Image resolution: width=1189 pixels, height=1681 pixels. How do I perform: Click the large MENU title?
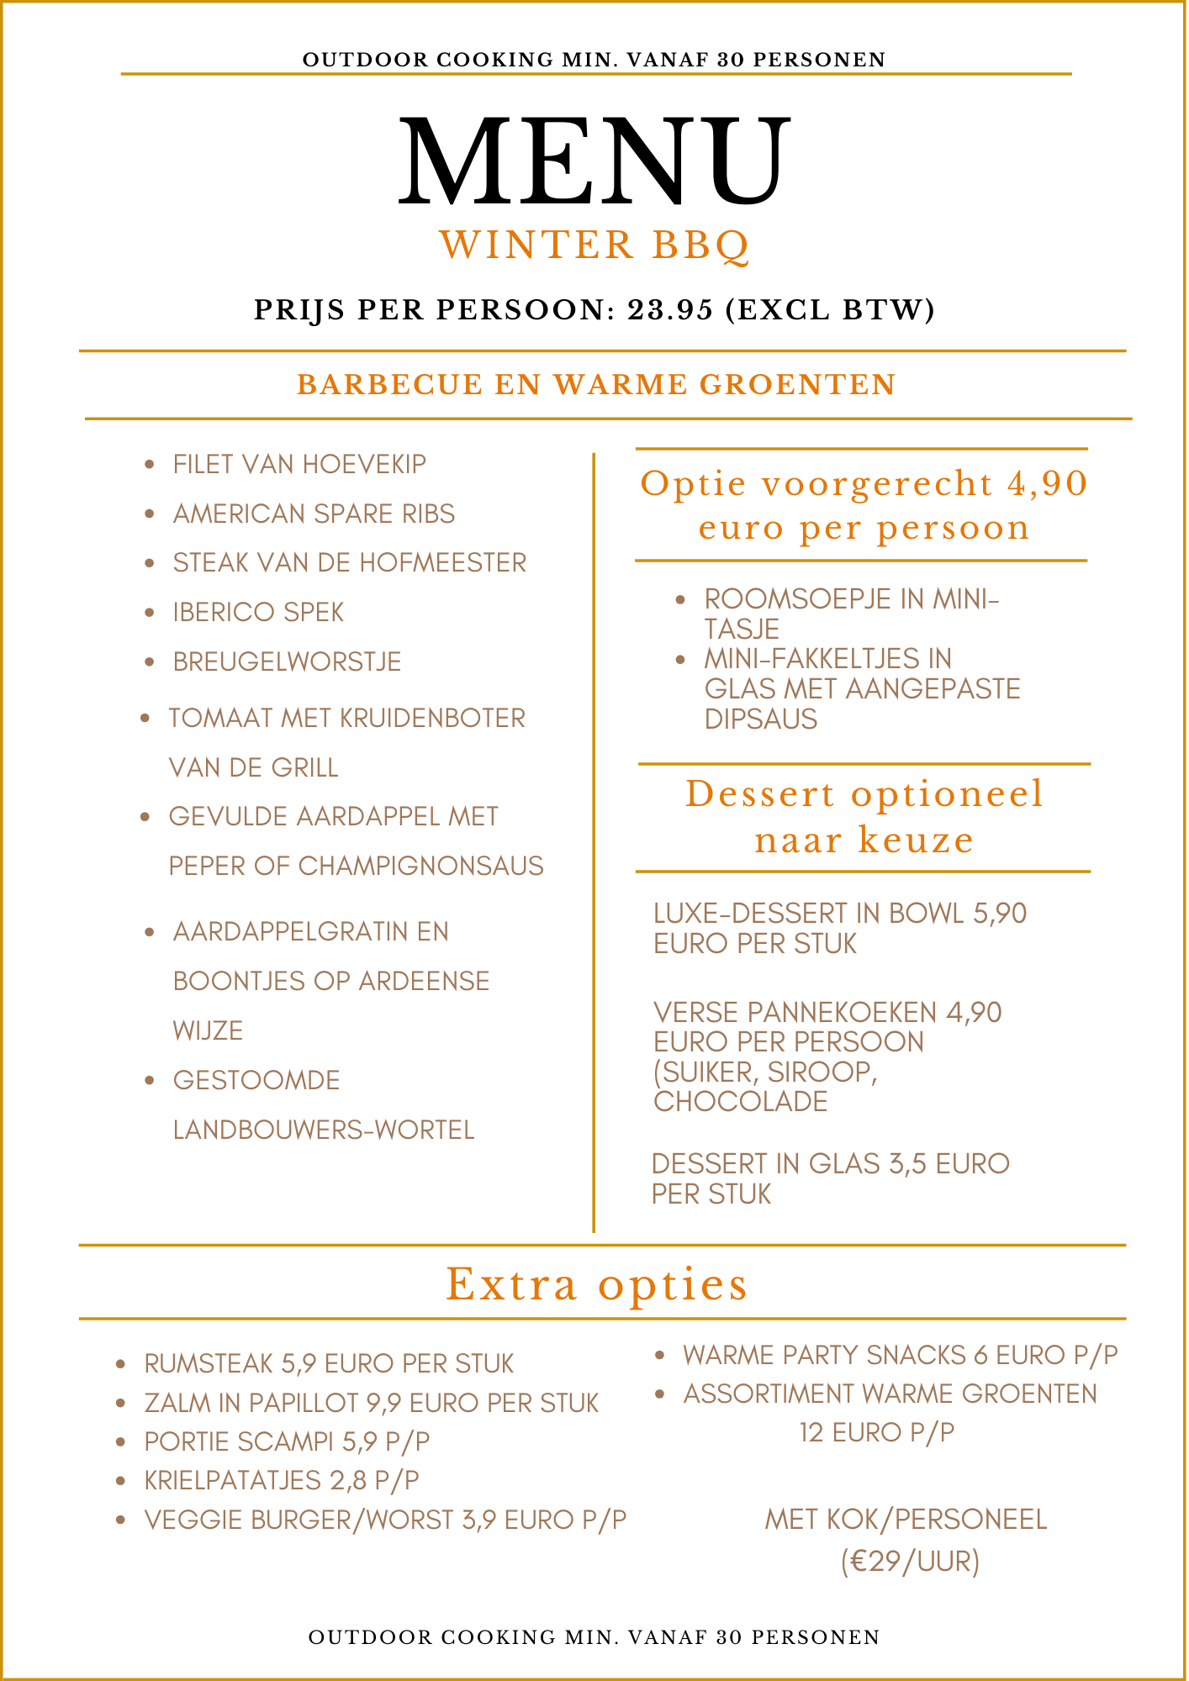click(x=594, y=161)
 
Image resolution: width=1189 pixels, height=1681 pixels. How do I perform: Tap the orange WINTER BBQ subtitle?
click(x=594, y=245)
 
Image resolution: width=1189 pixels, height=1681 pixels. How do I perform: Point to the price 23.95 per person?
click(x=670, y=310)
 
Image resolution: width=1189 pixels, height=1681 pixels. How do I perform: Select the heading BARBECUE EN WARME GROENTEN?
click(x=596, y=385)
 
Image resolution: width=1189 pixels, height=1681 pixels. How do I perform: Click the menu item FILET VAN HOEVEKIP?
click(x=299, y=464)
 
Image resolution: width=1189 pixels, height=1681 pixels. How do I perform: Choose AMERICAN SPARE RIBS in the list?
click(x=314, y=514)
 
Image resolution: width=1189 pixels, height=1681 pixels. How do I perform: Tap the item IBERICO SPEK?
click(x=258, y=612)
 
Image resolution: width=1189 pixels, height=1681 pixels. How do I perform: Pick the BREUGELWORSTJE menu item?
click(x=287, y=661)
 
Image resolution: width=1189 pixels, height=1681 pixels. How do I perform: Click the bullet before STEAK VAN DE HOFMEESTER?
click(x=149, y=562)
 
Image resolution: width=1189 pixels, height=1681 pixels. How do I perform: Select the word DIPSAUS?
click(x=760, y=719)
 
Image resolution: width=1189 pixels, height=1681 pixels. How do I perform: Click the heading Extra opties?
click(x=596, y=1284)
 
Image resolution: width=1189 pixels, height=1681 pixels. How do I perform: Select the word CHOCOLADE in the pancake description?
click(x=740, y=1101)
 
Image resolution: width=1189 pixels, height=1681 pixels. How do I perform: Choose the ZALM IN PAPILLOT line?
click(x=371, y=1403)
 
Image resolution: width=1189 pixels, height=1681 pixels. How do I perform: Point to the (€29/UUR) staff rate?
click(x=910, y=1562)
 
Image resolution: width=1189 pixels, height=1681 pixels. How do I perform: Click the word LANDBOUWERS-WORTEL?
click(x=324, y=1130)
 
